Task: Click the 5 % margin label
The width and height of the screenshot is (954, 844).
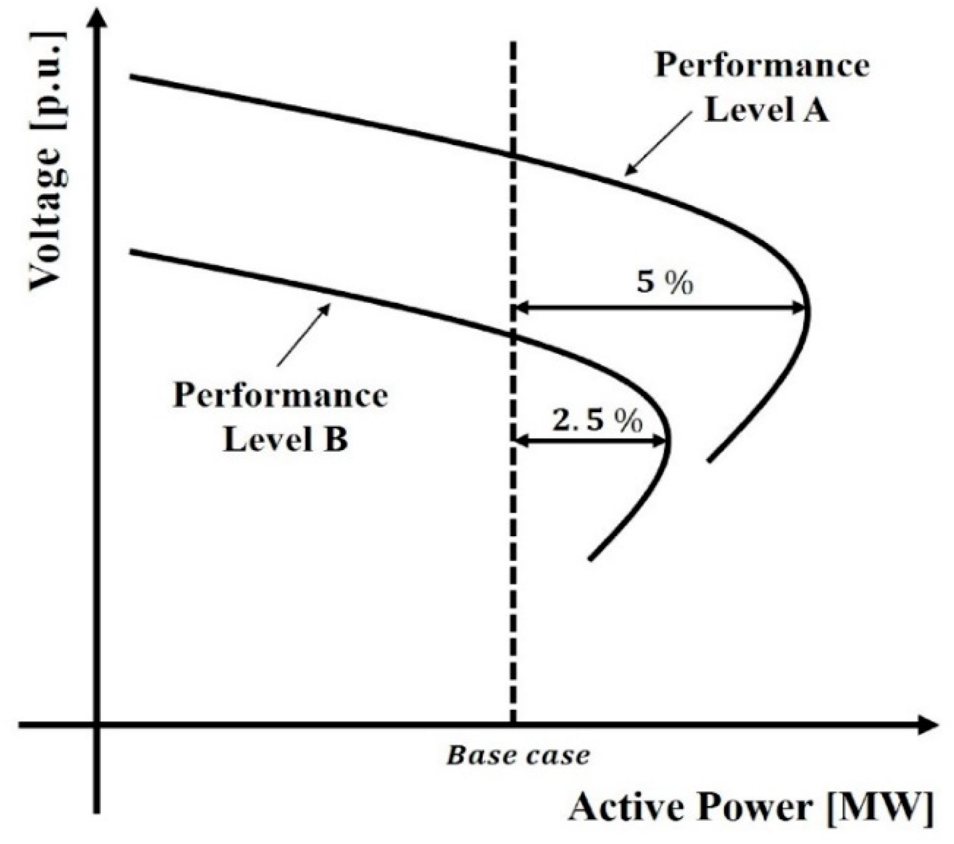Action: pyautogui.click(x=664, y=282)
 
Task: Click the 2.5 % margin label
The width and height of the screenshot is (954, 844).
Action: pyautogui.click(x=597, y=421)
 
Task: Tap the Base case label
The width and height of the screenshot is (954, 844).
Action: pyautogui.click(x=518, y=756)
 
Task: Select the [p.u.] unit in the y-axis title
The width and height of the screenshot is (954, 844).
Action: pyautogui.click(x=49, y=80)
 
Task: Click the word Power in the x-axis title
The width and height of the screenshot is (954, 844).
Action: pyautogui.click(x=761, y=808)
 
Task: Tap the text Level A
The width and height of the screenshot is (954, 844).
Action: pyautogui.click(x=766, y=111)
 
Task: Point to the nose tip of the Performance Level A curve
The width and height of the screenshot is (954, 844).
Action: pyautogui.click(x=808, y=310)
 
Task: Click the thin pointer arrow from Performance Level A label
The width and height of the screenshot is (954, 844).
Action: pyautogui.click(x=658, y=145)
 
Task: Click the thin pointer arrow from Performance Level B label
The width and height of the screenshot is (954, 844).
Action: pyautogui.click(x=303, y=334)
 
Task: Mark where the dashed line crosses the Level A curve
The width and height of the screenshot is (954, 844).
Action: pyautogui.click(x=513, y=156)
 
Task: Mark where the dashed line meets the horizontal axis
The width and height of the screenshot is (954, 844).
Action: pyautogui.click(x=513, y=725)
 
